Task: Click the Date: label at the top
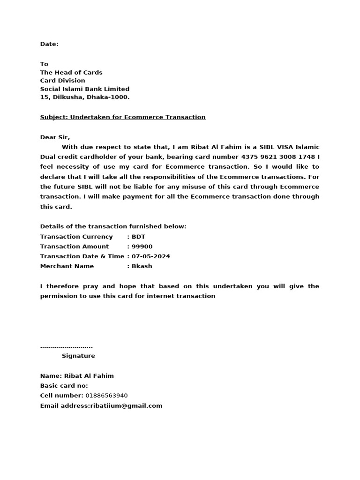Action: (49, 44)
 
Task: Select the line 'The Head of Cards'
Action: (71, 72)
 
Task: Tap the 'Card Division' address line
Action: (62, 81)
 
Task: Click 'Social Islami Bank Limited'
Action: (85, 89)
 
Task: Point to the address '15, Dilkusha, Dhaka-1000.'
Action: (85, 97)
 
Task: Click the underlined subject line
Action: (123, 117)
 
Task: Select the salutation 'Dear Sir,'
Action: (55, 137)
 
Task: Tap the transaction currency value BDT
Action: (139, 237)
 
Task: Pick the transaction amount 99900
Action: (142, 247)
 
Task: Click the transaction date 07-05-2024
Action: (150, 256)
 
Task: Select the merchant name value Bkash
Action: (142, 266)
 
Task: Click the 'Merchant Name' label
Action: (67, 266)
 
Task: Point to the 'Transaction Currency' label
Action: (76, 237)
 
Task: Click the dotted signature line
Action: (66, 347)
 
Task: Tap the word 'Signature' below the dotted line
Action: (78, 356)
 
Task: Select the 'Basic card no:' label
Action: (64, 386)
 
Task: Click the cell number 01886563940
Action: (106, 396)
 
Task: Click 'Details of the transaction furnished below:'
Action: (113, 226)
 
